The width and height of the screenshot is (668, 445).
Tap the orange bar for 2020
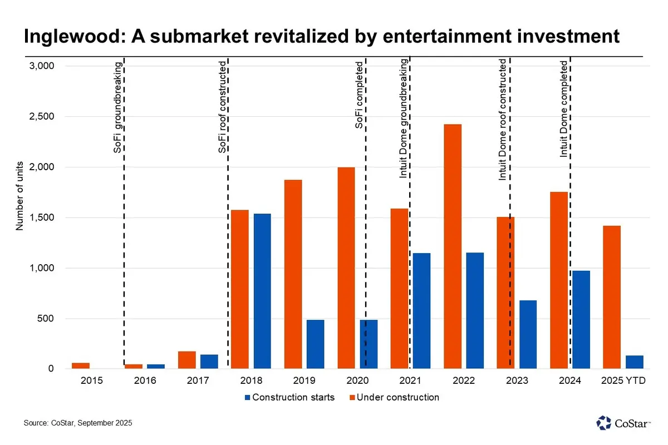tap(346, 268)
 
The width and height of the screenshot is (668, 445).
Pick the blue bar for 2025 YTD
tap(634, 362)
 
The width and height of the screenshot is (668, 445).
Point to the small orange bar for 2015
tap(81, 365)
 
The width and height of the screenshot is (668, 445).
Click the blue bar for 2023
tap(528, 334)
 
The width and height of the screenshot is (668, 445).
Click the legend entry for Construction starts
tap(289, 397)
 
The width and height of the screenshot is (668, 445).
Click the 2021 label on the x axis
tap(410, 381)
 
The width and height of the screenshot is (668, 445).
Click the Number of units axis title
tap(19, 196)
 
